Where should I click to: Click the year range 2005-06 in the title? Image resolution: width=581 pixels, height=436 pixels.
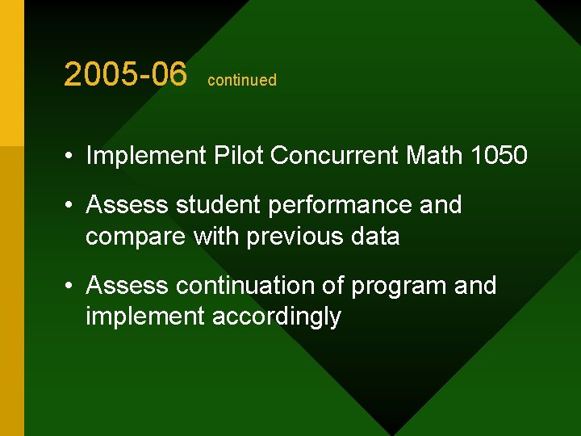pos(125,75)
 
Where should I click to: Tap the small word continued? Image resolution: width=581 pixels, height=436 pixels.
pos(242,80)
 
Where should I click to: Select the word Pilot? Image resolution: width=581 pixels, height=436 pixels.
pos(239,155)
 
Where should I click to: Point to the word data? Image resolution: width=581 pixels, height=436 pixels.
pos(377,237)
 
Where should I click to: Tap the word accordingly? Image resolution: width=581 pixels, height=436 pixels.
pos(276,317)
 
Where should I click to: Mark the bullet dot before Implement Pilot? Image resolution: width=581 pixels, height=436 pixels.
pos(72,156)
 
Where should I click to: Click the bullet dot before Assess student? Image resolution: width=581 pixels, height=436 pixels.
pos(72,206)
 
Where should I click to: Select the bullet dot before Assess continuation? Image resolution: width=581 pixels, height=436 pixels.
pos(72,287)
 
